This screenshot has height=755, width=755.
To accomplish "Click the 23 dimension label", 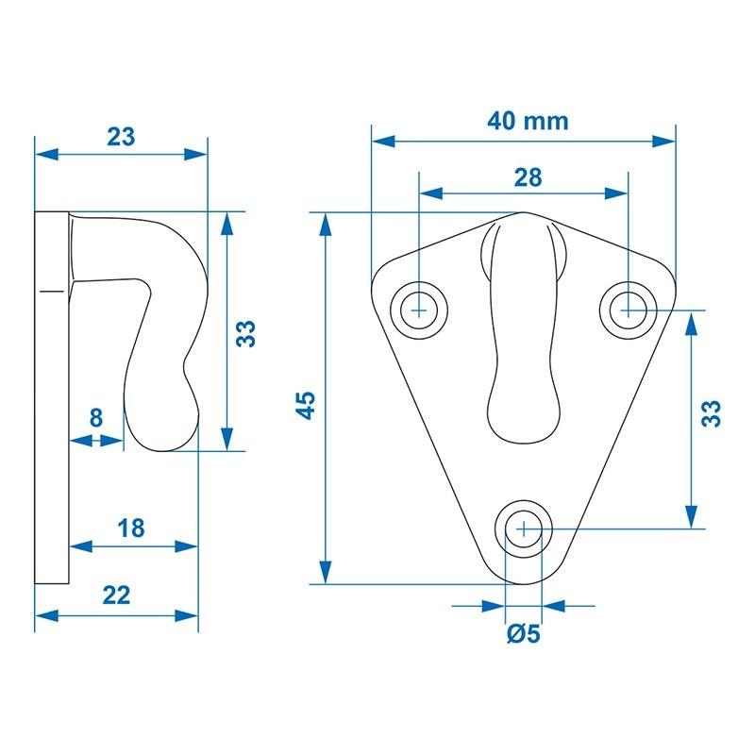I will pyautogui.click(x=120, y=136).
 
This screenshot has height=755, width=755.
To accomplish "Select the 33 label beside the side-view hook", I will pyautogui.click(x=246, y=334).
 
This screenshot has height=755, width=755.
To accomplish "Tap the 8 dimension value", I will pyautogui.click(x=96, y=418).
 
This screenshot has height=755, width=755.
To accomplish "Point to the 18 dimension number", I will pyautogui.click(x=132, y=528).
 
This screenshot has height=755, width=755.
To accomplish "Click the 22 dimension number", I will pyautogui.click(x=115, y=595).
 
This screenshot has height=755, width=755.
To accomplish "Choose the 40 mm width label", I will pyautogui.click(x=528, y=121).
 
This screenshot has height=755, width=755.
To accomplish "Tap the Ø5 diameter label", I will pyautogui.click(x=523, y=635).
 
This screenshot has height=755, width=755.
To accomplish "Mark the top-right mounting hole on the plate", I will pyautogui.click(x=628, y=308).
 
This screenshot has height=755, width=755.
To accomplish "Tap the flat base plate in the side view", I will pyautogui.click(x=52, y=396).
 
